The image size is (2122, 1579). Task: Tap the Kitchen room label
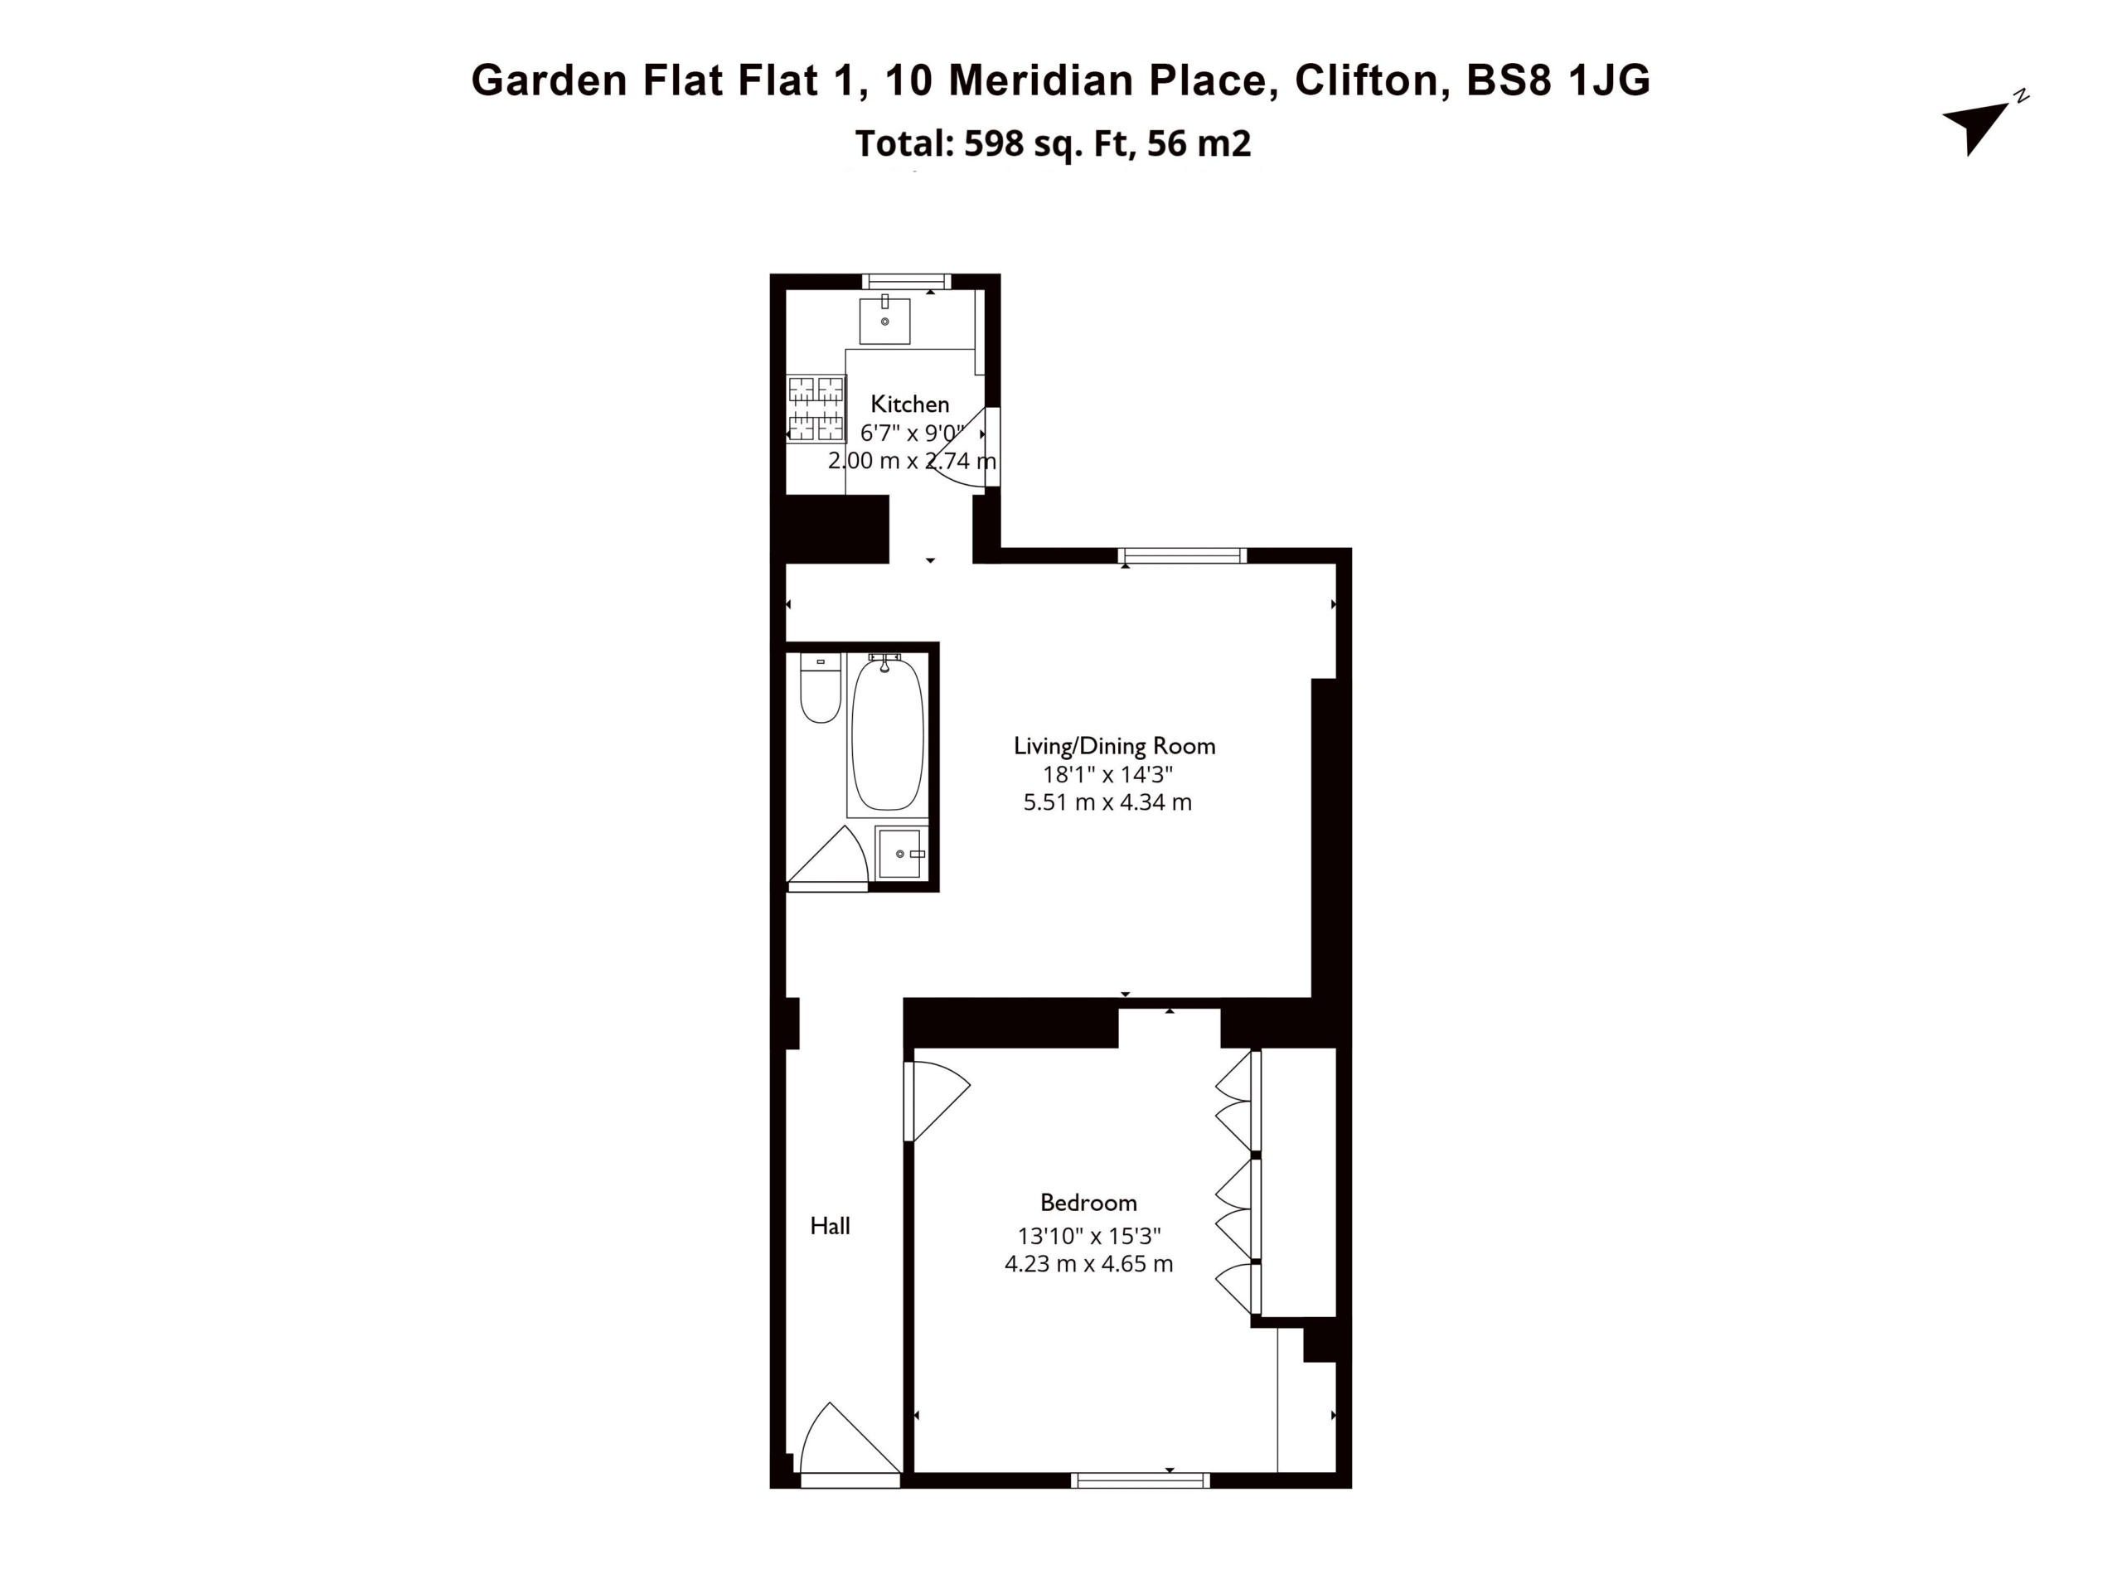(x=909, y=404)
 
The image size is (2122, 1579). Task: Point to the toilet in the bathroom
(x=820, y=687)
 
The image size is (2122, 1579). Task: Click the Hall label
(x=830, y=1226)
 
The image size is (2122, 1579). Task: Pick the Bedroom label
(x=1088, y=1203)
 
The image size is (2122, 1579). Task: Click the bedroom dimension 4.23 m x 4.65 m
(x=1088, y=1263)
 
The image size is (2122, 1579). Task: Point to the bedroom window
(x=1141, y=1480)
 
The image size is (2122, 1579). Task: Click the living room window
(x=1182, y=555)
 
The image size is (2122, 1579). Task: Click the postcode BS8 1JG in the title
(x=1558, y=80)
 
